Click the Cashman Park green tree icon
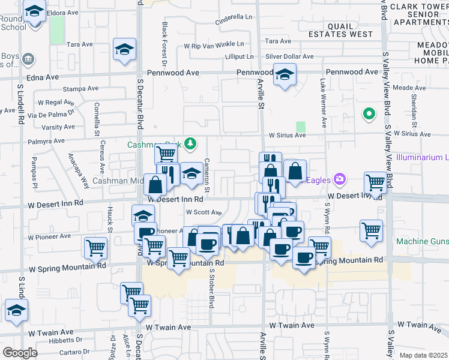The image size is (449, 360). click(x=190, y=144)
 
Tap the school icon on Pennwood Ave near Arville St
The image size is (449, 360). click(x=285, y=74)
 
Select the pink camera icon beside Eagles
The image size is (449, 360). click(x=340, y=179)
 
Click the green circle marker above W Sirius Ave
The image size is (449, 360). click(x=368, y=113)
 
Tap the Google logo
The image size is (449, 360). click(x=19, y=353)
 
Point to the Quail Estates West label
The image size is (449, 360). click(x=350, y=30)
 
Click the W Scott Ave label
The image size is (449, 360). click(x=203, y=212)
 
